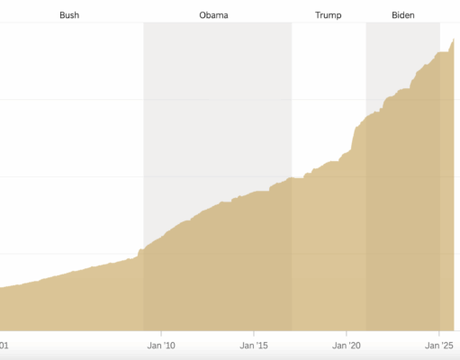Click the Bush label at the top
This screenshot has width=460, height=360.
pos(68,15)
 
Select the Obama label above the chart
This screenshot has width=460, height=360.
pos(213,15)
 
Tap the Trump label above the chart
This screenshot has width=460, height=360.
pos(329,15)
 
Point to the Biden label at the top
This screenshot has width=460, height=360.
pos(404,15)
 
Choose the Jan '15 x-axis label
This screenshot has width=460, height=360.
pos(254,345)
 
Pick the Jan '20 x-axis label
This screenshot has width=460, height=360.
pos(347,345)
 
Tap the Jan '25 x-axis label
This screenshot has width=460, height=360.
pos(439,345)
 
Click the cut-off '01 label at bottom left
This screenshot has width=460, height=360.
pos(5,345)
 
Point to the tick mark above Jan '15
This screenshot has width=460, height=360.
pos(254,334)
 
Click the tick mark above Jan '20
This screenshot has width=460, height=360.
pos(347,334)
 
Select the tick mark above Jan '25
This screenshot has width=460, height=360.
pos(439,334)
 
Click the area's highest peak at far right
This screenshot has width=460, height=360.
pos(455,37)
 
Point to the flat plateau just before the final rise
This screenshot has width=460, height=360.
pos(442,52)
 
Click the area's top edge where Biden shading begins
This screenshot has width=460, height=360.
pos(365,120)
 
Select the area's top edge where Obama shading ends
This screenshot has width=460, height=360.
pos(292,177)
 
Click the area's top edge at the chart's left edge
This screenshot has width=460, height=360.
pos(2,287)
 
